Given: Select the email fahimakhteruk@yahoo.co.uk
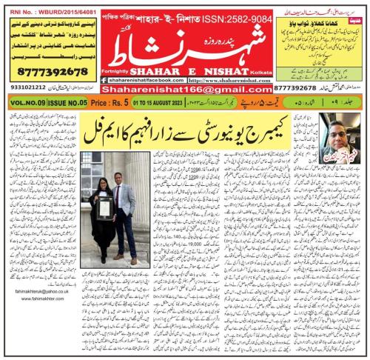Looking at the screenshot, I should (34, 313).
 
